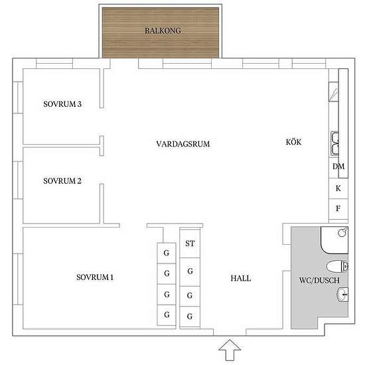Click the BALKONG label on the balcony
[x=163, y=31]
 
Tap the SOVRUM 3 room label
[x=62, y=104]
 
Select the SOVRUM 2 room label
[x=62, y=181]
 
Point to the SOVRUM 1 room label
[x=95, y=277]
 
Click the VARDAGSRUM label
[x=183, y=144]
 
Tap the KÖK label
[x=293, y=142]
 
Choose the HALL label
[x=241, y=278]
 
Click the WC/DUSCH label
[x=319, y=280]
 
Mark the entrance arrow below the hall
[x=230, y=350]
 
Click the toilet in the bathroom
[x=337, y=266]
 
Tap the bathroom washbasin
[x=342, y=295]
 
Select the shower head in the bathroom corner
[x=342, y=232]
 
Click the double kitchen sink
[x=334, y=143]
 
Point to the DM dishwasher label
[x=338, y=166]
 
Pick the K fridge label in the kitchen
[x=338, y=188]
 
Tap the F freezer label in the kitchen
[x=338, y=208]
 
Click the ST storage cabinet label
[x=190, y=244]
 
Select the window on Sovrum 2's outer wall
[x=18, y=180]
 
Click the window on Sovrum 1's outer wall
[x=18, y=279]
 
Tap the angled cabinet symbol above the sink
[x=334, y=92]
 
